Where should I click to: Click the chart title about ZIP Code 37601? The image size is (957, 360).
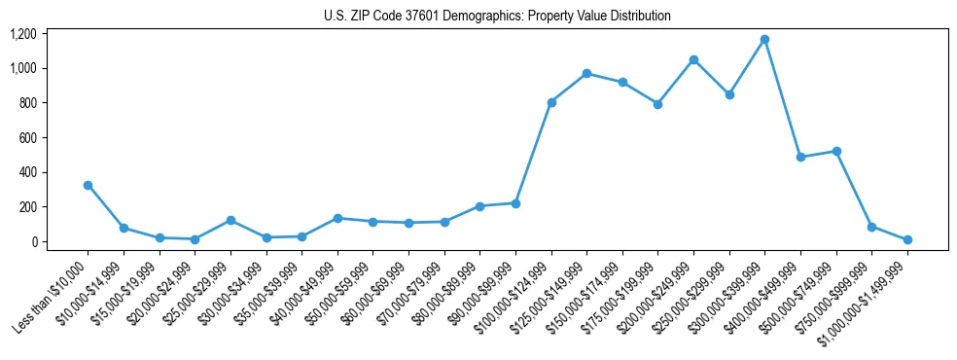click(x=497, y=17)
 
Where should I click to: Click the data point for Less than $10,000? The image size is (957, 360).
click(x=88, y=185)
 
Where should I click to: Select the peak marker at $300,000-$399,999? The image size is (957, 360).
click(x=764, y=39)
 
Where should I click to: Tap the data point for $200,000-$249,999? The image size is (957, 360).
click(x=693, y=59)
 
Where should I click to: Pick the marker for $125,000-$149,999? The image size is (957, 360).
click(x=586, y=73)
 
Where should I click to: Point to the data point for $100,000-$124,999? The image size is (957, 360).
click(x=551, y=102)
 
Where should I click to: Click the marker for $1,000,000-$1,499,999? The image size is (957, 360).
click(x=907, y=239)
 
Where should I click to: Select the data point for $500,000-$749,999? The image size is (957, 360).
click(x=836, y=151)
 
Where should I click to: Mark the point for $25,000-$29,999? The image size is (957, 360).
click(x=230, y=220)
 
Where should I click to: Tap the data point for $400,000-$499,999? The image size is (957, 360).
click(x=800, y=157)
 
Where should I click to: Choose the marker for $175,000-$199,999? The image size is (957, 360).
click(x=657, y=104)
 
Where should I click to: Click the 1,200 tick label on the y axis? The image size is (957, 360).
click(x=22, y=34)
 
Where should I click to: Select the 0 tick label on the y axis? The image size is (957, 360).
click(x=33, y=241)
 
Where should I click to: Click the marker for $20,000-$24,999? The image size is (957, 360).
click(x=195, y=239)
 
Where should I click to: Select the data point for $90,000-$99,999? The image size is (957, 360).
click(x=515, y=203)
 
